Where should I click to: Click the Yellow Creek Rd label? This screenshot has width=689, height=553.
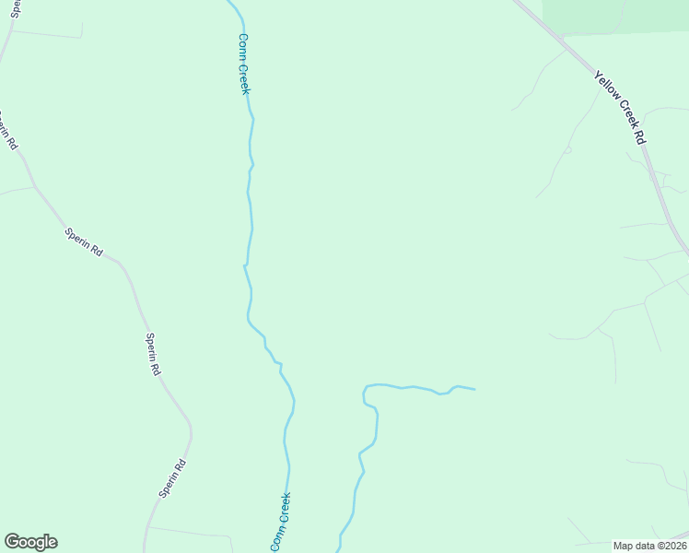point(619,106)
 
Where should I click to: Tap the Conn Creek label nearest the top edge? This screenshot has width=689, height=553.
point(244,64)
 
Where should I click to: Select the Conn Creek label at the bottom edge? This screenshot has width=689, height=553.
point(281,523)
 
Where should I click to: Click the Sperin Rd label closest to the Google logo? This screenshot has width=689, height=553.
point(172,478)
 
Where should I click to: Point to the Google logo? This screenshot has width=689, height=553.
point(30,542)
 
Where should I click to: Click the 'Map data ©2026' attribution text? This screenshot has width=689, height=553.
point(649,546)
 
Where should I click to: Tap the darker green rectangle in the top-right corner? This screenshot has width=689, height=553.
point(615,16)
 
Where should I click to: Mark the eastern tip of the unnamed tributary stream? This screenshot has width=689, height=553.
point(474,389)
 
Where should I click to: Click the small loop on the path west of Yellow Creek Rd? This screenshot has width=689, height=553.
point(567,149)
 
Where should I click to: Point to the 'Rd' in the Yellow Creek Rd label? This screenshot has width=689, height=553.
point(637,135)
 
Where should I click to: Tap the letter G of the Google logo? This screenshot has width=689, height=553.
point(12,541)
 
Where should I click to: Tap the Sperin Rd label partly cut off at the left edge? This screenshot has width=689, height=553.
point(8,132)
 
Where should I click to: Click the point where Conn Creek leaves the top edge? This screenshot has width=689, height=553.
point(229,1)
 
